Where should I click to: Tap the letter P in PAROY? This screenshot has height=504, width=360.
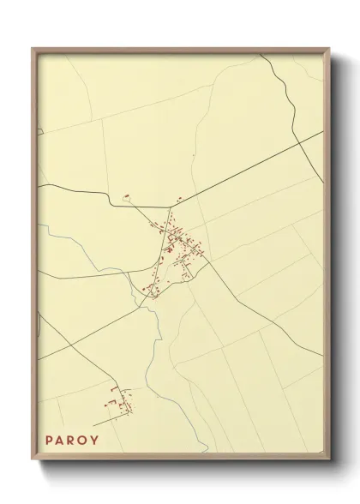tap(50, 440)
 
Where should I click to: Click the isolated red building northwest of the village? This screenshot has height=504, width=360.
tap(125, 195)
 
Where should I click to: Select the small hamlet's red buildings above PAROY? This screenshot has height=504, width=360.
tap(117, 401)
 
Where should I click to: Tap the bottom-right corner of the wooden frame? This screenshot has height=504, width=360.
tap(328, 464)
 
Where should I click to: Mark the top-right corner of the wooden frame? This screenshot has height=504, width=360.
tap(328, 50)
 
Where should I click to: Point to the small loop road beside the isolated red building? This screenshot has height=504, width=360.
tap(129, 200)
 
